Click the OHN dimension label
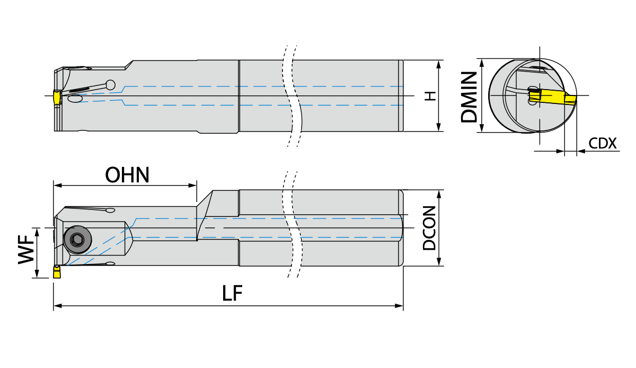tap(127, 175)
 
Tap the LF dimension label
tap(232, 293)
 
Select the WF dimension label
tap(26, 250)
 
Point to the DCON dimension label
tap(429, 228)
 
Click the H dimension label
tap(430, 96)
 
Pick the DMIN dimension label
tap(469, 97)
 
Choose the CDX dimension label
tap(603, 144)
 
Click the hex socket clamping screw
tap(77, 240)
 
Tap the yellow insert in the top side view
tap(57, 98)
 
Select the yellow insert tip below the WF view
tap(57, 272)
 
